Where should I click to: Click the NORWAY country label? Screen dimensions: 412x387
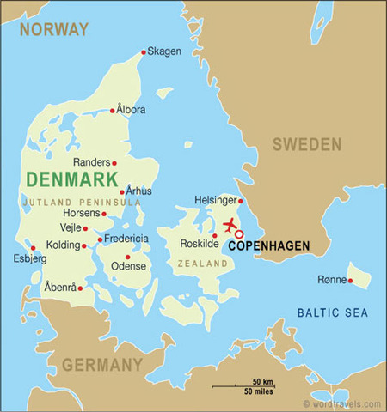pyautogui.click(x=55, y=29)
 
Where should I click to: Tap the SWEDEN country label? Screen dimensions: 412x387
pyautogui.click(x=307, y=144)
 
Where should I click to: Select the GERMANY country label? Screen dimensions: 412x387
pyautogui.click(x=102, y=365)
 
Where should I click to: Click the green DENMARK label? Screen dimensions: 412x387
pyautogui.click(x=72, y=179)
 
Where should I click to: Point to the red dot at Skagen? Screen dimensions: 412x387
pyautogui.click(x=144, y=51)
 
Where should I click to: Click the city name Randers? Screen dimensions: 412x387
pyautogui.click(x=91, y=161)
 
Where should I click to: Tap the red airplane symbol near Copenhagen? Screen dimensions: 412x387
pyautogui.click(x=230, y=227)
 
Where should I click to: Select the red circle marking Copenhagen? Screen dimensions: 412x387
pyautogui.click(x=240, y=233)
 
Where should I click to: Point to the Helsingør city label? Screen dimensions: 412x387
pyautogui.click(x=216, y=200)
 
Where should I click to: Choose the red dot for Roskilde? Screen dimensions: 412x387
pyautogui.click(x=215, y=235)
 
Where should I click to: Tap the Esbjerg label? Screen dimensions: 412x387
pyautogui.click(x=23, y=257)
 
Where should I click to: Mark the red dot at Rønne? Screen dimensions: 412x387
pyautogui.click(x=350, y=281)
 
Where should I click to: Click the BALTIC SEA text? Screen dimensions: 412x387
pyautogui.click(x=332, y=312)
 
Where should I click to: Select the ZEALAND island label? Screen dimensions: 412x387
pyautogui.click(x=202, y=264)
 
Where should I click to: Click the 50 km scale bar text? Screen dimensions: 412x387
pyautogui.click(x=262, y=380)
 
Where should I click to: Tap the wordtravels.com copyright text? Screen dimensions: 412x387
pyautogui.click(x=342, y=403)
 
